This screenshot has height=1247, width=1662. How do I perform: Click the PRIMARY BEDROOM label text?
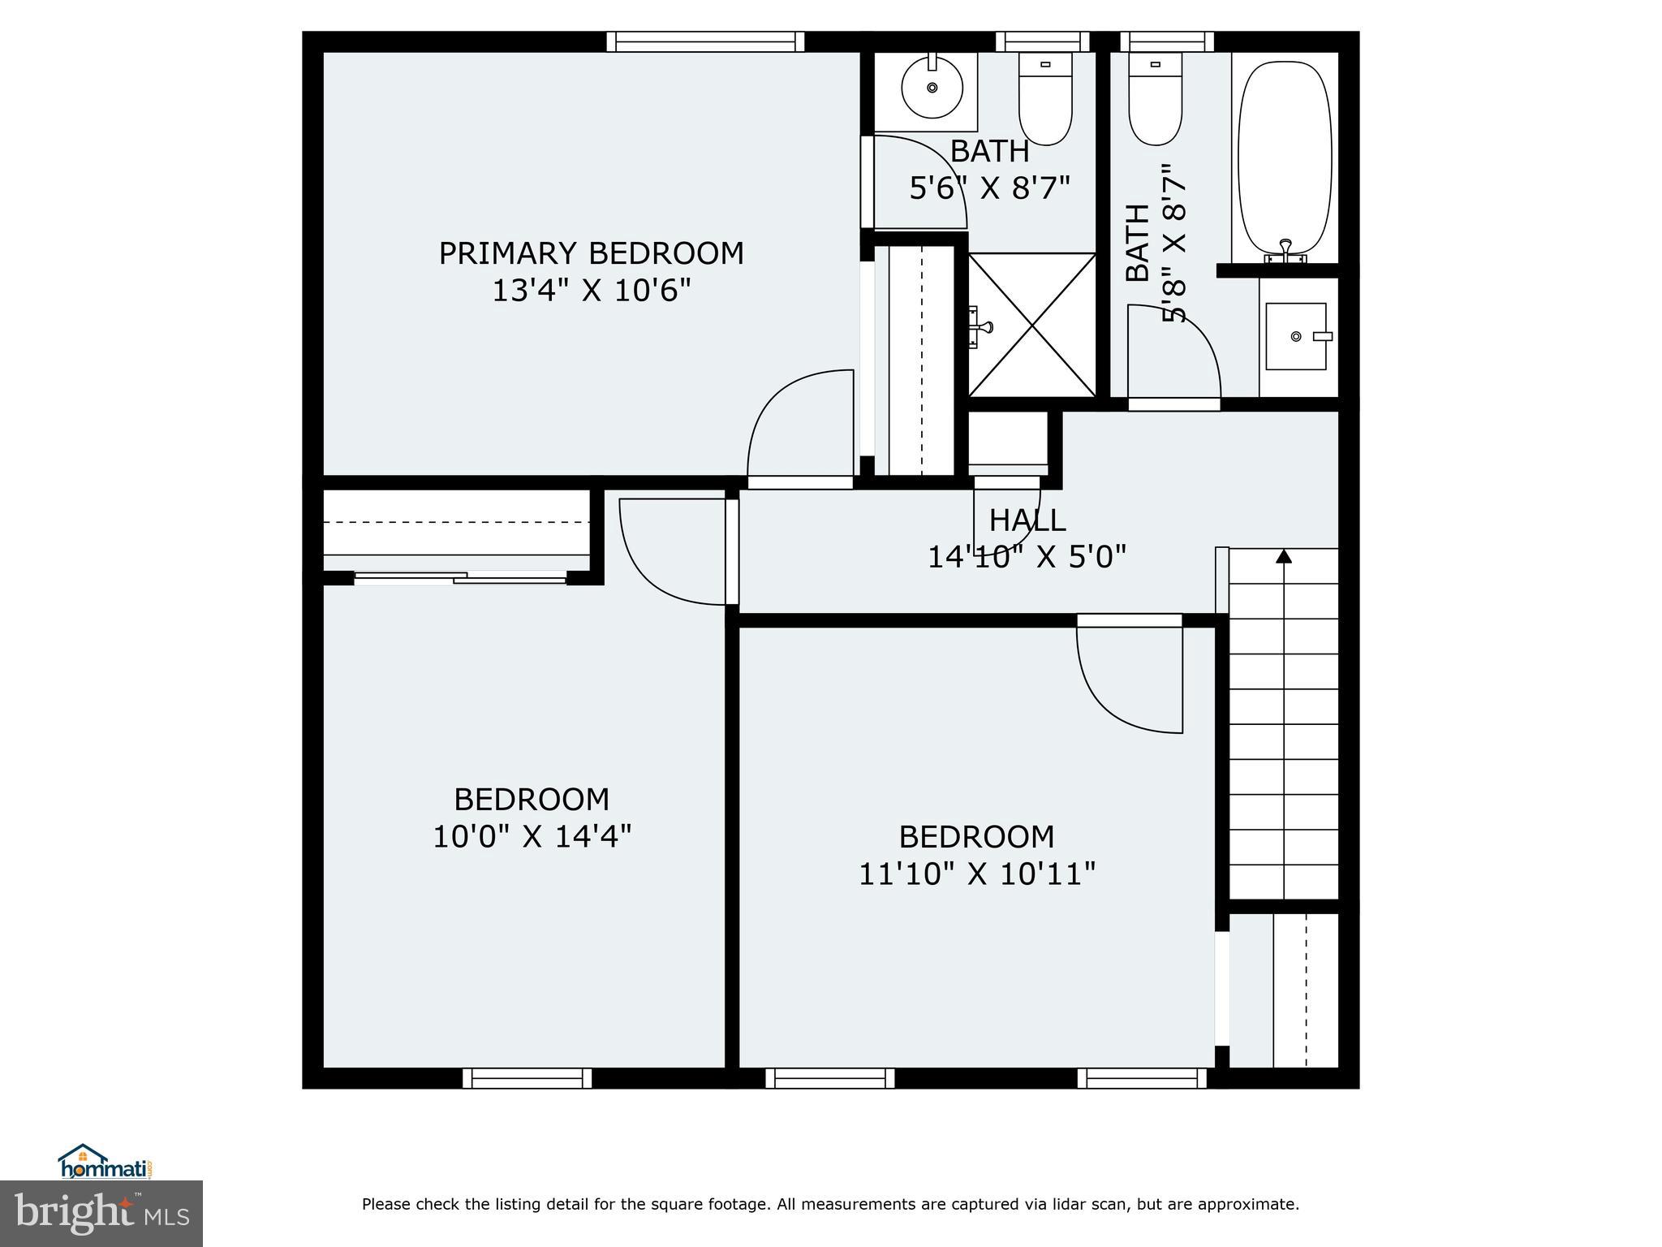591,253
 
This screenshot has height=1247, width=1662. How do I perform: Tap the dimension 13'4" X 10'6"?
591,291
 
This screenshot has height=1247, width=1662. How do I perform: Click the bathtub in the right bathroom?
1285,158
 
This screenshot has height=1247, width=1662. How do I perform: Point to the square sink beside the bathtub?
1296,336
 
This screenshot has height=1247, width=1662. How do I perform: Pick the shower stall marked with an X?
1032,325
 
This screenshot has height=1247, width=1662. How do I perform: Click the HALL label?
1027,520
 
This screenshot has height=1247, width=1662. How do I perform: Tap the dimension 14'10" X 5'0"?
1027,557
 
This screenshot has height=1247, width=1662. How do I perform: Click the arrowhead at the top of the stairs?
1284,556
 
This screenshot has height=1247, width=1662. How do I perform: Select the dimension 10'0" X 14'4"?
532,836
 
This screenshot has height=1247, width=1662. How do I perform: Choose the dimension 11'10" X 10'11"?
977,874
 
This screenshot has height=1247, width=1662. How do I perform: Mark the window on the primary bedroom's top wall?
705,41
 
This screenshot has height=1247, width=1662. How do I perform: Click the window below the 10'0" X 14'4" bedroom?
527,1078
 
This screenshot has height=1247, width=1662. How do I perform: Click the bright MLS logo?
101,1213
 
